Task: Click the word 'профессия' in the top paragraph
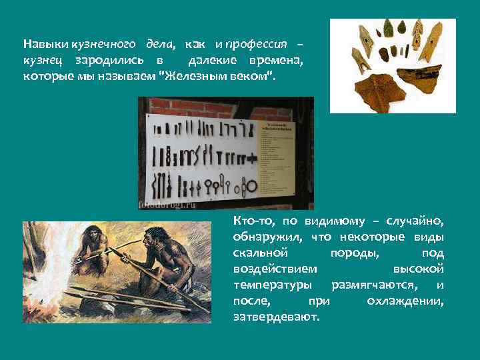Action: coord(257,44)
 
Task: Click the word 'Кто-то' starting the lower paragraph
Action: coord(253,221)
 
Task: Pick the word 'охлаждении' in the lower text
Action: coord(405,301)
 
